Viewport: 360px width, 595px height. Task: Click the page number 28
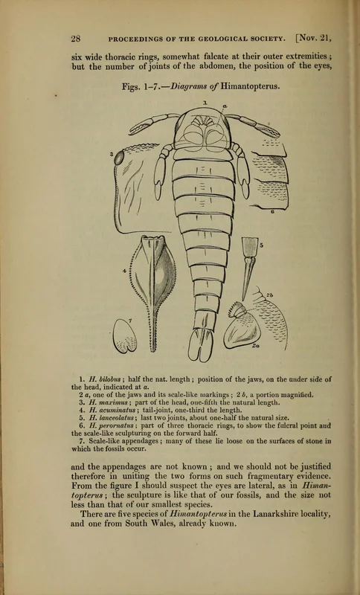pos(76,38)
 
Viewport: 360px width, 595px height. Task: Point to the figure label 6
pos(273,211)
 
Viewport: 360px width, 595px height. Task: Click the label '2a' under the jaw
pos(257,345)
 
